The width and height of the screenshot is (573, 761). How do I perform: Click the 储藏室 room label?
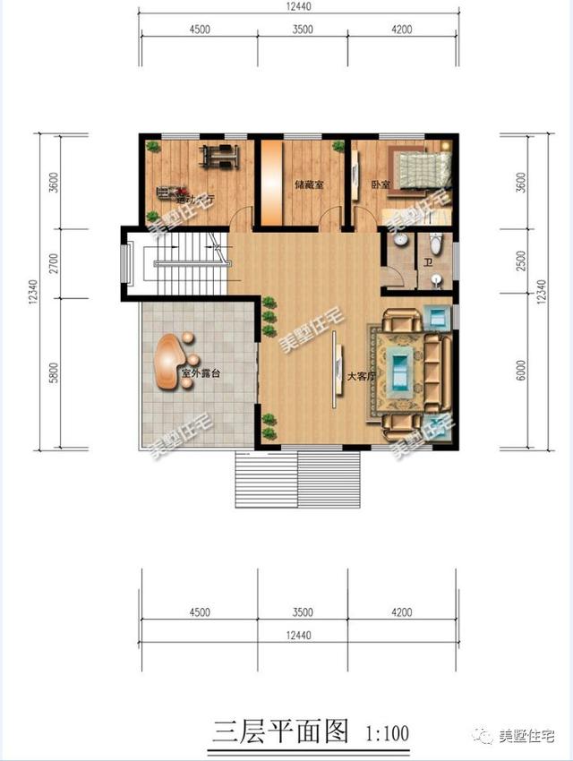pyautogui.click(x=309, y=185)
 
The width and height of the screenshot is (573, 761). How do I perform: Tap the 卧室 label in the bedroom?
pyautogui.click(x=381, y=185)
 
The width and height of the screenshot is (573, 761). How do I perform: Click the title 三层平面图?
pyautogui.click(x=278, y=731)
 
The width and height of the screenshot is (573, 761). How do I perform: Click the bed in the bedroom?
pyautogui.click(x=423, y=169)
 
